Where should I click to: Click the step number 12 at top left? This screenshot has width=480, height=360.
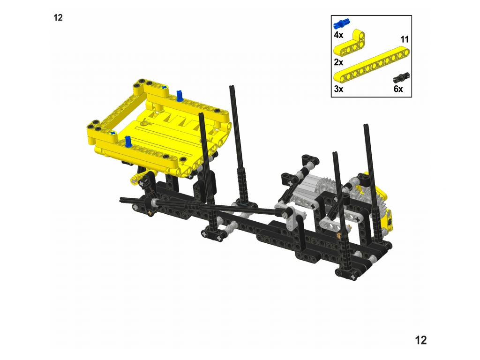click(x=58, y=18)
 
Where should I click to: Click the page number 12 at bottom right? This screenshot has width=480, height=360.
click(x=420, y=340)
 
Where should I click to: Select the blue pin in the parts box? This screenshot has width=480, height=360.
click(x=342, y=24)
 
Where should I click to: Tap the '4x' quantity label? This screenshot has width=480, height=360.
click(x=338, y=35)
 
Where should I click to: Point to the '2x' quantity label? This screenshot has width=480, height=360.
click(x=338, y=62)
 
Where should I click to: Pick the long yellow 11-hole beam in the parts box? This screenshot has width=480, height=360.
click(x=371, y=66)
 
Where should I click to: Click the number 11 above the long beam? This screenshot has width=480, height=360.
click(x=405, y=39)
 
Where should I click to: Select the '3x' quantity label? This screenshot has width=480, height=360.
click(x=338, y=89)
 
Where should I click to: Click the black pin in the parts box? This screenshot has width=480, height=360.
click(x=401, y=78)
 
